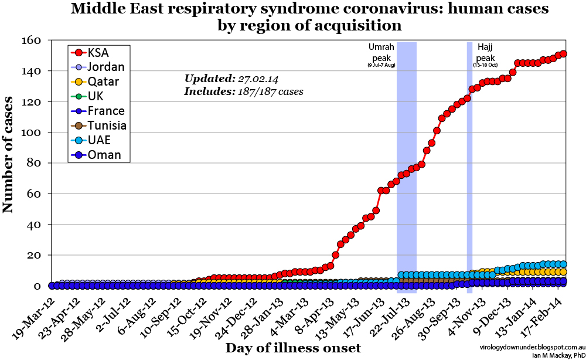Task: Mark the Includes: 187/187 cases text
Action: [x=243, y=91]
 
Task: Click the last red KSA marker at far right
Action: [x=563, y=54]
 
